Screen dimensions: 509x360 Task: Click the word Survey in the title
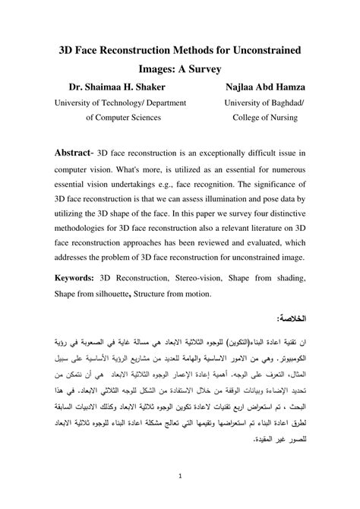201,69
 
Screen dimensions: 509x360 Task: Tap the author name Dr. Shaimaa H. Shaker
112,87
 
